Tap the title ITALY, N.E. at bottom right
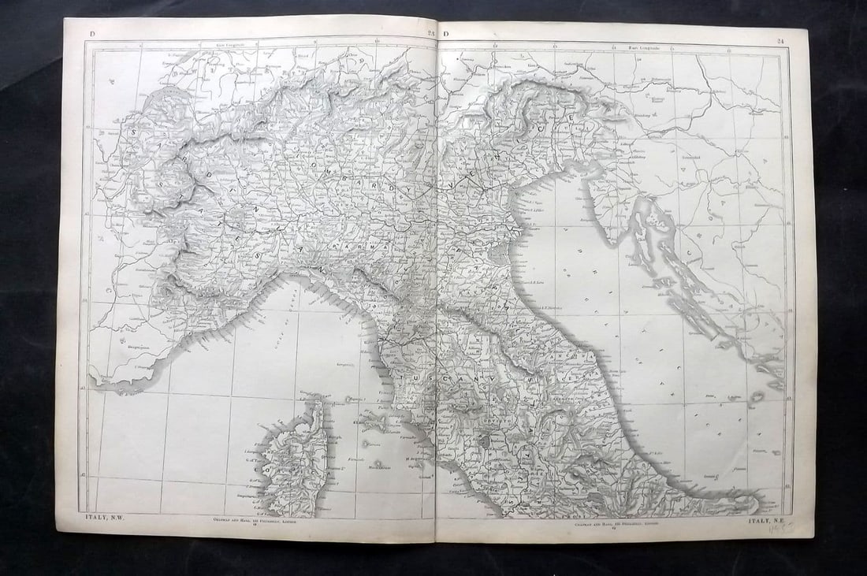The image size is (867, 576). click(x=769, y=521)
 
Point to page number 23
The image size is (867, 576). click(x=430, y=32)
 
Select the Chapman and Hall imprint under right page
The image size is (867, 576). click(x=608, y=522)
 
